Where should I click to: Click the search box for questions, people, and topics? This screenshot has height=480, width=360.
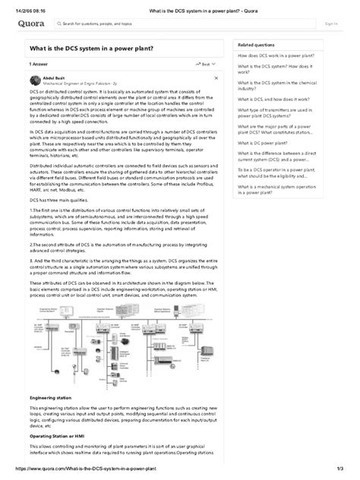91,24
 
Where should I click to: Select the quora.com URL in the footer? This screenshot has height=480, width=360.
95,473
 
